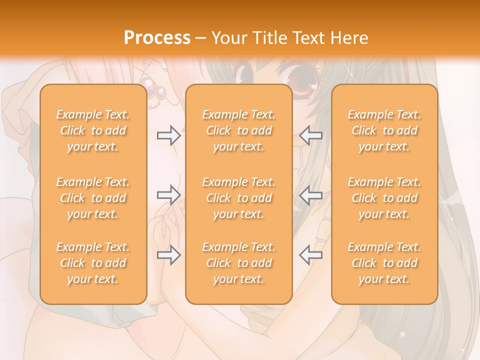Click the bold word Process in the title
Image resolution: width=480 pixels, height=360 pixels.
point(157,38)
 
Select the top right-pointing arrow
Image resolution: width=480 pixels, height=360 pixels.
point(168,135)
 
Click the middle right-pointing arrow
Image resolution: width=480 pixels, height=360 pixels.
point(168,195)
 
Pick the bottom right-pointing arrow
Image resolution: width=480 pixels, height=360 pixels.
point(168,255)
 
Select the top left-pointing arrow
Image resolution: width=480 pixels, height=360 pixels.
point(311,135)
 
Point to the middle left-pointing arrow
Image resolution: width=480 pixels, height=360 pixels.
point(311,195)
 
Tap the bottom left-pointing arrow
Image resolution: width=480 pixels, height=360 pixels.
point(311,255)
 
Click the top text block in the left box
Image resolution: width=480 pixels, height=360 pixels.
point(93,130)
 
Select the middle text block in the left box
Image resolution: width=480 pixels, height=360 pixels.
point(93,198)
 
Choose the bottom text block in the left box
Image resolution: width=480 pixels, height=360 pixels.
point(93,263)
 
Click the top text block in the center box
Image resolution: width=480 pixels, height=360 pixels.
point(238,130)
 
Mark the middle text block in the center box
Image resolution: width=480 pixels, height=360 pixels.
point(238,198)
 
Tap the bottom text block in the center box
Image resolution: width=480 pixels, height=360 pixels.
point(238,263)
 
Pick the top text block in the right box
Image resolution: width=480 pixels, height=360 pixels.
point(384,130)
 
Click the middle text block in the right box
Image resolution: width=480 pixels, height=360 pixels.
point(384,198)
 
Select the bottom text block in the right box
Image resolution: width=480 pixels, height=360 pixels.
point(384,263)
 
